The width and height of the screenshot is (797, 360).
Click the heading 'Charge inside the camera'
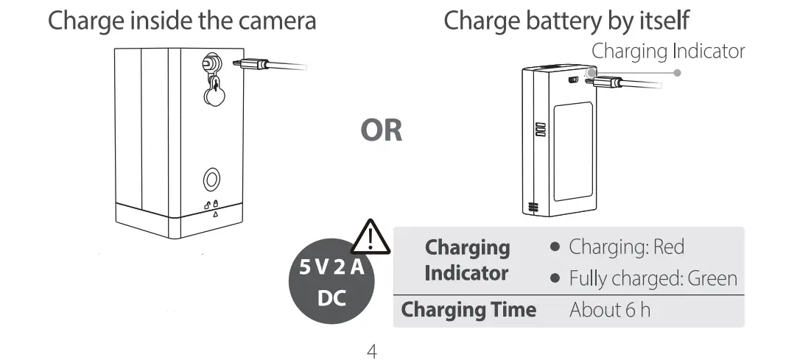click(182, 21)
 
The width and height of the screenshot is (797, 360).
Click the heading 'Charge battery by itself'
click(566, 21)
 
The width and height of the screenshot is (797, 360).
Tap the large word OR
click(382, 131)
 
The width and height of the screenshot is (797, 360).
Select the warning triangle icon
click(371, 237)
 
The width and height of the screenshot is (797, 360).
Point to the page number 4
click(372, 350)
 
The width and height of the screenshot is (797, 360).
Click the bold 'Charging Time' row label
click(468, 310)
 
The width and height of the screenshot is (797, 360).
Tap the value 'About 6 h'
click(610, 310)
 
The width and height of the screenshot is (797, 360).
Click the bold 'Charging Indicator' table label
click(467, 261)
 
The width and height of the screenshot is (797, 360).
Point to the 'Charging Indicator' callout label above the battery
click(668, 51)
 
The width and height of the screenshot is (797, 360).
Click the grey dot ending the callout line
click(678, 72)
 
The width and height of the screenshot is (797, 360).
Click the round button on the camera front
click(212, 179)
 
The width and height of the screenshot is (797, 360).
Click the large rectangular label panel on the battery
click(573, 151)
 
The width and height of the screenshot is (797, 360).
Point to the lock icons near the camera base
click(211, 205)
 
